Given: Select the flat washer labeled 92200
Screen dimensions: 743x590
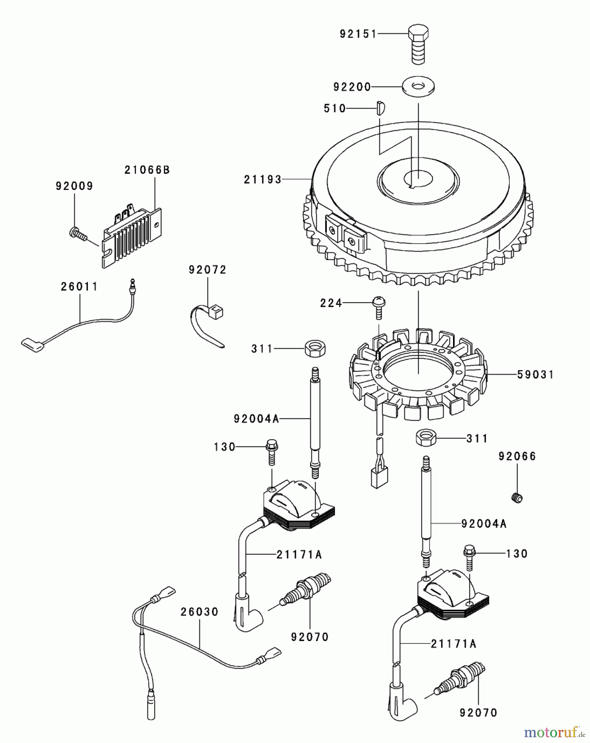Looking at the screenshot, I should click(x=418, y=87).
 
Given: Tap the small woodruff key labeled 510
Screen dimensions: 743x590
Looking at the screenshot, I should click(x=380, y=108).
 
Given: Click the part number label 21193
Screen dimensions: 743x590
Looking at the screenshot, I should click(x=262, y=180).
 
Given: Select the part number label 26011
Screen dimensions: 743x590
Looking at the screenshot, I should click(x=79, y=286).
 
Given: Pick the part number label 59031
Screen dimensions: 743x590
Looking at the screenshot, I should click(x=536, y=375).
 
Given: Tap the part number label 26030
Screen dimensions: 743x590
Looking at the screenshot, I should click(x=199, y=612).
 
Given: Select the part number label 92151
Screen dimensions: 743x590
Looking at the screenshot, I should click(x=358, y=34).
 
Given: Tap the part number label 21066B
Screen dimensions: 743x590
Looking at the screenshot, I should click(x=147, y=170).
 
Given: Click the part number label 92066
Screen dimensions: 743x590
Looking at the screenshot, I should click(x=517, y=457).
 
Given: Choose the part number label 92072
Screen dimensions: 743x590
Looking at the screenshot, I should click(x=208, y=270).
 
